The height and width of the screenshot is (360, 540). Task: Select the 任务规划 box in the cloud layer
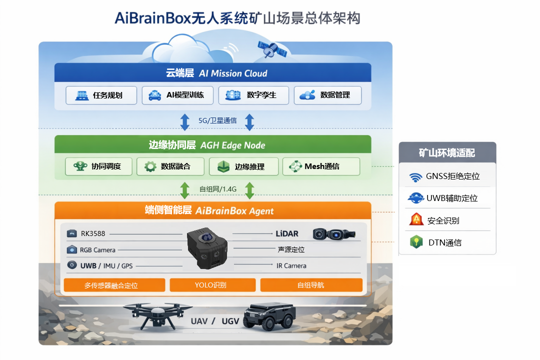click(101, 95)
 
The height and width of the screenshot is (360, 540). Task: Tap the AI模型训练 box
click(177, 95)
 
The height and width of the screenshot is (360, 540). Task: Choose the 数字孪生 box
click(253, 95)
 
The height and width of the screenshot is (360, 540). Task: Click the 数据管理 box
click(327, 95)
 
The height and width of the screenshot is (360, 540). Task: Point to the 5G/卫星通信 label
click(217, 120)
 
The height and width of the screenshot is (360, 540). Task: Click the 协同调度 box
click(100, 166)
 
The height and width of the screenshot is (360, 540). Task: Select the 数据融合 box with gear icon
click(170, 166)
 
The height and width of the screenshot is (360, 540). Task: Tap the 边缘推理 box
click(243, 166)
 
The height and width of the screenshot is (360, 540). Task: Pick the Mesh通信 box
click(321, 166)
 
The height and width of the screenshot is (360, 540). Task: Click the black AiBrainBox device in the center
click(207, 248)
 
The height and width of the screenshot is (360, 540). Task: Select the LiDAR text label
click(287, 233)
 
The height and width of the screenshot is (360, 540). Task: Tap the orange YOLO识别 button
click(210, 285)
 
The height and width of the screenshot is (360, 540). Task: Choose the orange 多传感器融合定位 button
click(114, 285)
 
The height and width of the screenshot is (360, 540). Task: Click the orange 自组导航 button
click(311, 285)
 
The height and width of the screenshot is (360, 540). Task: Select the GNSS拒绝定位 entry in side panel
click(447, 176)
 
